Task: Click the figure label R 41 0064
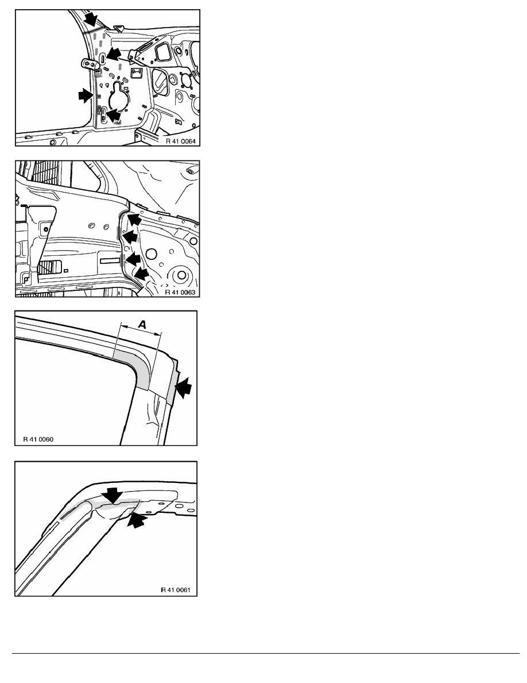click(180, 141)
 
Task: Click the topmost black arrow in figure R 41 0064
click(92, 19)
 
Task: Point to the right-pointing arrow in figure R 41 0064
click(86, 95)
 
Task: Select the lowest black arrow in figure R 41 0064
click(113, 116)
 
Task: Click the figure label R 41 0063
click(180, 292)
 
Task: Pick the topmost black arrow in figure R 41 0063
click(135, 218)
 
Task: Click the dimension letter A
click(142, 324)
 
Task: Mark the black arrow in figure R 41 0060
click(185, 387)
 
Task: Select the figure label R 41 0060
click(38, 439)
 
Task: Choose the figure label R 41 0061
click(176, 590)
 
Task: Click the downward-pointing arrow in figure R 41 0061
click(112, 496)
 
